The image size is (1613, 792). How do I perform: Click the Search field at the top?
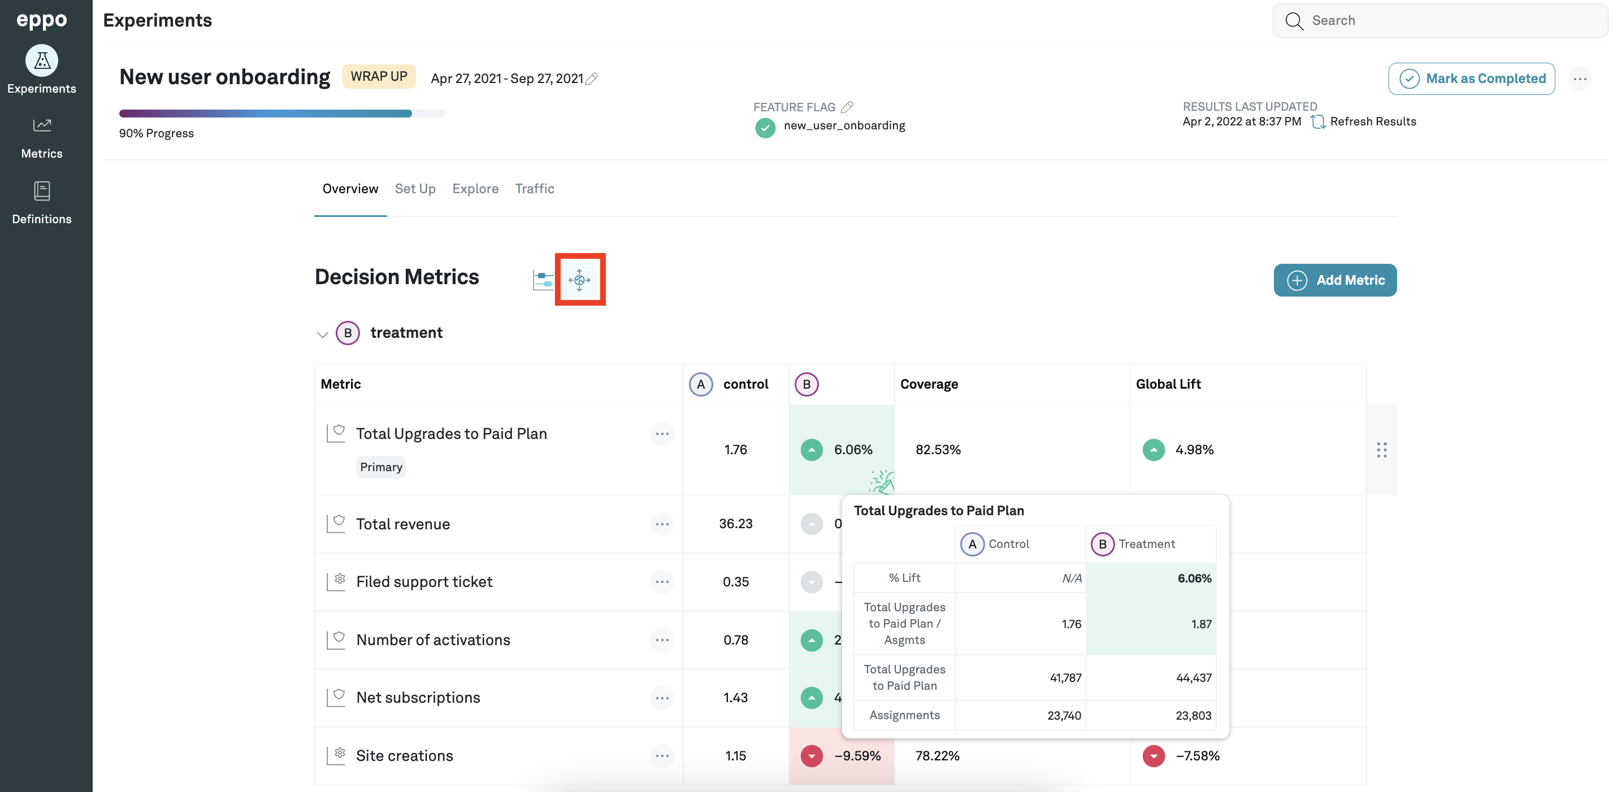point(1440,21)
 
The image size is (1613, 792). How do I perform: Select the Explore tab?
point(475,189)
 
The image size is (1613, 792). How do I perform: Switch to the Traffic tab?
point(534,189)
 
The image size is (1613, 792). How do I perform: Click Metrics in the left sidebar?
point(42,138)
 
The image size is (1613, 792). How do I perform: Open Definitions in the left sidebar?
point(42,203)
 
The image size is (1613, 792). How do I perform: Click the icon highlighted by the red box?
point(579,280)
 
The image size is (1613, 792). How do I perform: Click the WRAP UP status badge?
point(379,76)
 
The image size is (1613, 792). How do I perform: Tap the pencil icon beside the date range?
point(592,79)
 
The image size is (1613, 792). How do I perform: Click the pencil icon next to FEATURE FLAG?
point(847,107)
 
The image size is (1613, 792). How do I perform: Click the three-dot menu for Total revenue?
point(662,524)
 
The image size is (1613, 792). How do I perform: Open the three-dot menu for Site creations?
point(662,756)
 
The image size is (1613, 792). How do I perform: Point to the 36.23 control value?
point(735,524)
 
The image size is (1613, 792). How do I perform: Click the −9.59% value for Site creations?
point(857,756)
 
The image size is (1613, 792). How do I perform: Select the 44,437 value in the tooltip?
point(1194,677)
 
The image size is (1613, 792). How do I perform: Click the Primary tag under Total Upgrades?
point(381,467)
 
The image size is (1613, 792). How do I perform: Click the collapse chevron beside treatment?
point(323,334)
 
